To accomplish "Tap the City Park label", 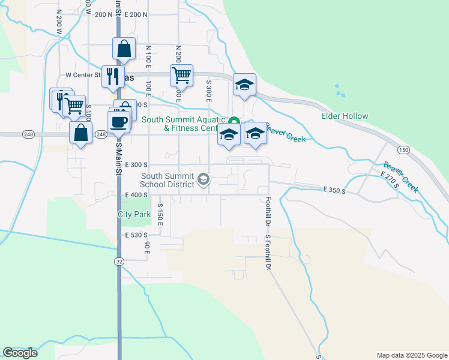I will coord(134,214).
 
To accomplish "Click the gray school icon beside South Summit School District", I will coord(203,179).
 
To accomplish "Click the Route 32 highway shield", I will coord(119,261).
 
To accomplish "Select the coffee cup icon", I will coord(118,121).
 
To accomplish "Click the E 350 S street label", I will coord(334,190).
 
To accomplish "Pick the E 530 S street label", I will coord(137,235).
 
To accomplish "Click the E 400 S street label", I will coord(137,194).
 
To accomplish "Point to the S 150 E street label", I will coord(160,214).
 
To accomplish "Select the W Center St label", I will coord(83,76).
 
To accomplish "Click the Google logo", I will coord(20,353).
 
